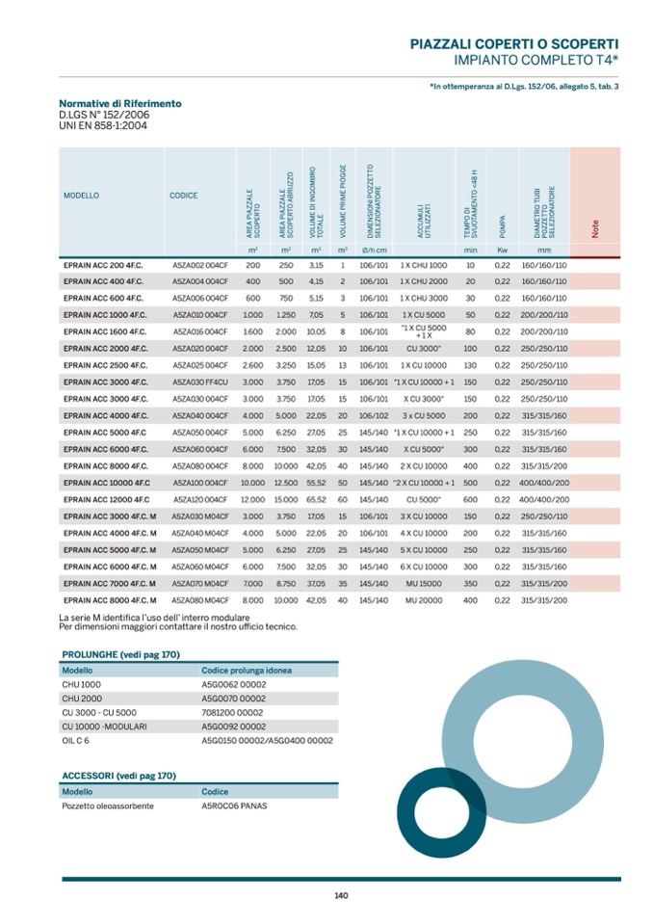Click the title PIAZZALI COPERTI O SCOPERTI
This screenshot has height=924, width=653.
pyautogui.click(x=514, y=44)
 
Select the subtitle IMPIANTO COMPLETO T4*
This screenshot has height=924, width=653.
pyautogui.click(x=535, y=60)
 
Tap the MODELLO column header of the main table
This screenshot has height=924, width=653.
pyautogui.click(x=82, y=196)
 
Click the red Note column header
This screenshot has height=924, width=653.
pyautogui.click(x=594, y=228)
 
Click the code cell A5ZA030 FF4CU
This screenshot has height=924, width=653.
pyautogui.click(x=200, y=382)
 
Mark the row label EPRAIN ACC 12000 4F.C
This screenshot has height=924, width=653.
pyautogui.click(x=107, y=499)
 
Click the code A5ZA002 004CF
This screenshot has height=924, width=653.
pyautogui.click(x=200, y=264)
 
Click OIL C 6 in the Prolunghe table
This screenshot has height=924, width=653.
pyautogui.click(x=76, y=741)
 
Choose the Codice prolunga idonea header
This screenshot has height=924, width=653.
pyautogui.click(x=247, y=670)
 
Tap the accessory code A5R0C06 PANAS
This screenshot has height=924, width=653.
pyautogui.click(x=234, y=805)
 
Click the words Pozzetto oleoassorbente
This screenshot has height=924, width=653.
pyautogui.click(x=108, y=805)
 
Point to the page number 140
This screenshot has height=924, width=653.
pyautogui.click(x=341, y=895)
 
